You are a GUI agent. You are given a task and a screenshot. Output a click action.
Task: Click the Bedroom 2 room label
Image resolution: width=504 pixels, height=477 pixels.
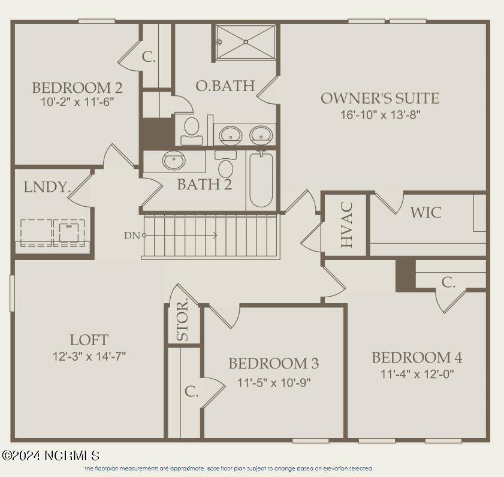[x=77, y=88]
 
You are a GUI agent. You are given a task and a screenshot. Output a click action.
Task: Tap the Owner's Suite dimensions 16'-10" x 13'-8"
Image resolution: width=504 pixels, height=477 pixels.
[x=380, y=115]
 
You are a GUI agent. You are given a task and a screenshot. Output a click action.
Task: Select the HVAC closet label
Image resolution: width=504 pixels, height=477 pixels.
[x=347, y=224]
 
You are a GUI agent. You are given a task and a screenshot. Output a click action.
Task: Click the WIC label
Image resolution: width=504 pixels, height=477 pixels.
[x=426, y=212]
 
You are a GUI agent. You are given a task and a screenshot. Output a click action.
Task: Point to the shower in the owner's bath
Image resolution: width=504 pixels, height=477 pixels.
[x=245, y=42]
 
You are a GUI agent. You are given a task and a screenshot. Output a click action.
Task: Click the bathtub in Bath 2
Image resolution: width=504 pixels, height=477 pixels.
[x=261, y=180]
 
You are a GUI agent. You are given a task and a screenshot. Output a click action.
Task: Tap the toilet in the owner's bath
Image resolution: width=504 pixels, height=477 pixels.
[x=192, y=130]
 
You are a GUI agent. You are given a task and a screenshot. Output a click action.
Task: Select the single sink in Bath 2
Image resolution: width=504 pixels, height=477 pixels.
[x=173, y=161]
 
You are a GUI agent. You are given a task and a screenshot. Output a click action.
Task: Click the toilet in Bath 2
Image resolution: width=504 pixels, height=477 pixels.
[x=226, y=165]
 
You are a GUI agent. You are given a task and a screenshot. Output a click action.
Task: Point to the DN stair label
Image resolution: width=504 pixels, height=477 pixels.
[x=132, y=236]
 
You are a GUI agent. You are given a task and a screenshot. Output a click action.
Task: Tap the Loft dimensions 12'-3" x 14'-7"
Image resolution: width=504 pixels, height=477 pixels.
[x=89, y=356]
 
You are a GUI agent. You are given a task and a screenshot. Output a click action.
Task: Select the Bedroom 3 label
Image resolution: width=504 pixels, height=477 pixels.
[x=273, y=363]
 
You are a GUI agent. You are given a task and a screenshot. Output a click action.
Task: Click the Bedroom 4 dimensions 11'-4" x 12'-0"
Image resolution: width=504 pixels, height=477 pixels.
[x=417, y=375]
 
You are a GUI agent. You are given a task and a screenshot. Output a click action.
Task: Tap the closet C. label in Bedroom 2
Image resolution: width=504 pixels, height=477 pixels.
[x=149, y=58]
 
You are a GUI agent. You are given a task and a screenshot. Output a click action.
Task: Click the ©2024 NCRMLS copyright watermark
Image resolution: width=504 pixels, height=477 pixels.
[x=50, y=456]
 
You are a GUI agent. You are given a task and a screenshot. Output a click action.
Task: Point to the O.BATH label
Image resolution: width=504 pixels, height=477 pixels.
[x=225, y=86]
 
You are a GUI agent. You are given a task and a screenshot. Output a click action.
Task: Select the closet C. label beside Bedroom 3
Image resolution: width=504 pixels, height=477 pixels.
[x=191, y=392]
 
